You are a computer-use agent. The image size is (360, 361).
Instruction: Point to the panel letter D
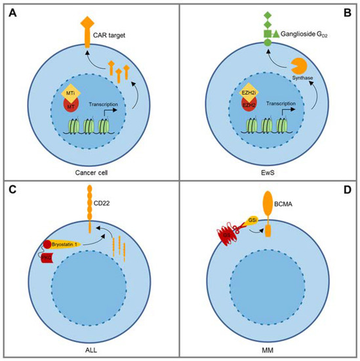pyautogui.click(x=347, y=192)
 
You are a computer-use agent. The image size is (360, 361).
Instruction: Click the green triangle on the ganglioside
pyautogui.click(x=276, y=33)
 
